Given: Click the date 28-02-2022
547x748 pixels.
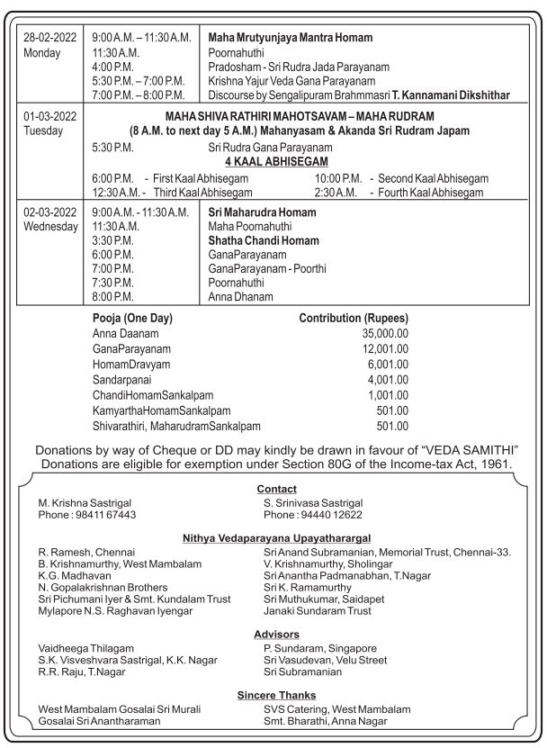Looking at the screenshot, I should coord(50,38).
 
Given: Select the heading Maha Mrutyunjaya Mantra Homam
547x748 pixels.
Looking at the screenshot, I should coord(290,38).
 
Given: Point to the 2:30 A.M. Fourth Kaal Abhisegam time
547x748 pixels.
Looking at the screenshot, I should coord(336,193).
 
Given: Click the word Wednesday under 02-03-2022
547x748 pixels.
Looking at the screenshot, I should coord(51,227).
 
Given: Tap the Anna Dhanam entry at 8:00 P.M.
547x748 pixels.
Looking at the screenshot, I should coord(240,296).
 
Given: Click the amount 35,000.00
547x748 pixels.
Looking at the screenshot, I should coord(385,332).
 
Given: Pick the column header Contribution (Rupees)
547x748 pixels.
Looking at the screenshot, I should coord(354,318).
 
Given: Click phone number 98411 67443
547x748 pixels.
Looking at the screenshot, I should coord(100,515).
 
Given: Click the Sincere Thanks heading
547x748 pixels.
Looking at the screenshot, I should coord(276,695).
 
